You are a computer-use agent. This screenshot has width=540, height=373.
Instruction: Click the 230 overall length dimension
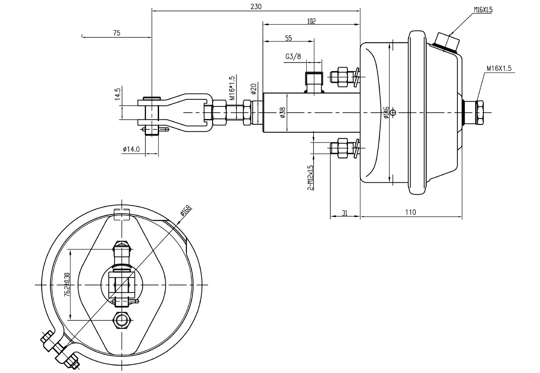pos(256,6)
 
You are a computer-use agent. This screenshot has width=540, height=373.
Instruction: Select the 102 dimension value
pos(311,21)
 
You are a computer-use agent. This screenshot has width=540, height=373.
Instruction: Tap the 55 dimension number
pos(288,38)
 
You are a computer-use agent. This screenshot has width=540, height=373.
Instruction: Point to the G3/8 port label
pos(293,57)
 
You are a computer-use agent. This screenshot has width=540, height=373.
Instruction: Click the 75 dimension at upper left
pos(116,33)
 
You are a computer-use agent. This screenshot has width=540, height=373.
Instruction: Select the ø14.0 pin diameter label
pos(131,149)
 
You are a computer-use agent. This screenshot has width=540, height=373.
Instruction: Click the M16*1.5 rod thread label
pos(232,88)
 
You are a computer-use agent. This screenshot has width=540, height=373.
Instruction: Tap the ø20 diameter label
pos(253,89)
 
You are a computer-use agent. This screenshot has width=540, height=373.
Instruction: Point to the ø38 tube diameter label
pos(282,113)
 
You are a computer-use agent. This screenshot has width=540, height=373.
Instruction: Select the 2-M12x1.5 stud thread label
pos(310,177)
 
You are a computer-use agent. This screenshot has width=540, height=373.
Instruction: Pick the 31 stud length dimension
pos(344,212)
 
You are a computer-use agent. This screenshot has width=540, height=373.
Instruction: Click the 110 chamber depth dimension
pos(411,212)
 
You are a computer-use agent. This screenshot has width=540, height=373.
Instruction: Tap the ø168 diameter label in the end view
pos(185,210)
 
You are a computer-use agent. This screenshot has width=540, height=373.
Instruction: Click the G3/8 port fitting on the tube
pos(314,82)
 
